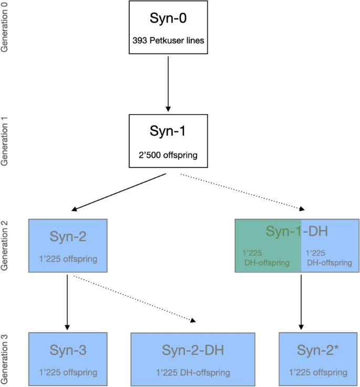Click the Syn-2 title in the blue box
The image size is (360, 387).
tap(68, 237)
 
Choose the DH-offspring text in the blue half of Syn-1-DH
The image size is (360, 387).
tap(329, 258)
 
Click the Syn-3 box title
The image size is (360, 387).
tap(68, 350)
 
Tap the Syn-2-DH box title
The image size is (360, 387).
tap(193, 350)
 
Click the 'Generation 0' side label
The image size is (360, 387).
tap(6, 26)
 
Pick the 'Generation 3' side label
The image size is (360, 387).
tap(6, 358)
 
